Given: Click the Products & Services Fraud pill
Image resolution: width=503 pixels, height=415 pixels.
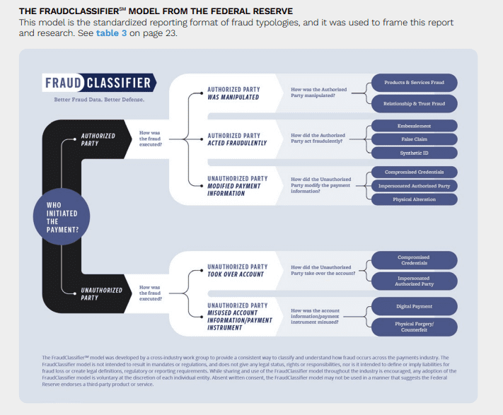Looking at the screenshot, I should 414,83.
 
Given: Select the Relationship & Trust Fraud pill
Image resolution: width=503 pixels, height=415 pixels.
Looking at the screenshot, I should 414,103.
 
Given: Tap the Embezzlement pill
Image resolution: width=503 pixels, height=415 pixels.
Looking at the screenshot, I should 414,126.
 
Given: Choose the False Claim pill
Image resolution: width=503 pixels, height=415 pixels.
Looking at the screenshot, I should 414,139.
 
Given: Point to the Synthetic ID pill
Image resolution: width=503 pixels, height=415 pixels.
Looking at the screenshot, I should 414,153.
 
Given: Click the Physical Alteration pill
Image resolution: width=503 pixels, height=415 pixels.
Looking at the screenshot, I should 414,199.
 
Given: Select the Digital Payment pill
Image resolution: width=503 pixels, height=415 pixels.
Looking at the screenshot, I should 414,306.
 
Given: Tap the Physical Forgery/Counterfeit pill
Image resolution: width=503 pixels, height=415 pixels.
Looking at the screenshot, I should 414,327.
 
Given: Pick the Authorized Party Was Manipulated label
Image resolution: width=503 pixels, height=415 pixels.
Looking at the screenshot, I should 233,94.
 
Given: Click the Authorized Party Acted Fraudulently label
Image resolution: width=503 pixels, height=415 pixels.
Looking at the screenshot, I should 233,139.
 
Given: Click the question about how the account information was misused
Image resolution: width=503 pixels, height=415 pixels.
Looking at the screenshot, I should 320,316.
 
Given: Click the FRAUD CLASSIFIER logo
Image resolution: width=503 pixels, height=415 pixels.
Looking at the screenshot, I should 98,83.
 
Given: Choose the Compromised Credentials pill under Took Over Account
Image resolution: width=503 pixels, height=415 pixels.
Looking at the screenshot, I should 414,260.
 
